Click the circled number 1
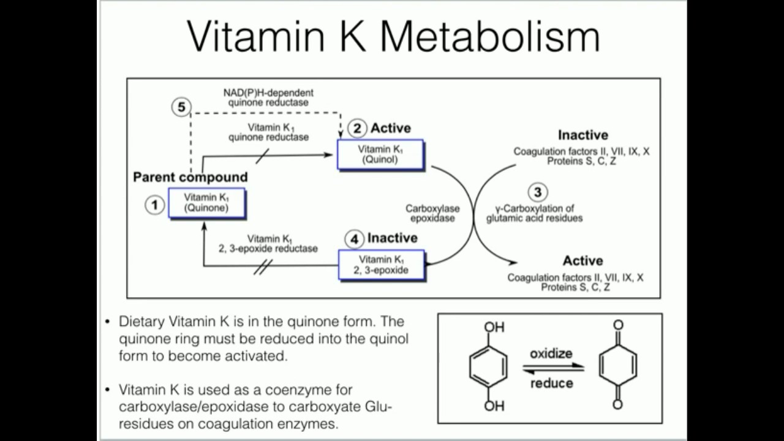click(155, 205)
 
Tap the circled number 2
click(357, 129)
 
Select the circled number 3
click(537, 193)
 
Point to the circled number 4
click(354, 239)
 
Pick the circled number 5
click(181, 108)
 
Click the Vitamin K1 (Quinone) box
click(206, 203)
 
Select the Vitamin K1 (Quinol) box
click(380, 154)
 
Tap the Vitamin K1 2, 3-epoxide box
click(381, 265)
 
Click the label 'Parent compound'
click(190, 177)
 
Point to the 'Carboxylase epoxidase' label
click(432, 213)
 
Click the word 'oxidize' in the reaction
click(551, 353)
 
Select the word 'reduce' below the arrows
click(551, 383)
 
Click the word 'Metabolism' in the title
click(489, 36)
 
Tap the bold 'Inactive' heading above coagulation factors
click(582, 135)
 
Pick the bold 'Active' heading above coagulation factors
click(582, 260)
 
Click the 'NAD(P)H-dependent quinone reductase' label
click(268, 97)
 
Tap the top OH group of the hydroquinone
click(494, 328)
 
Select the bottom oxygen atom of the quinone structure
click(617, 404)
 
